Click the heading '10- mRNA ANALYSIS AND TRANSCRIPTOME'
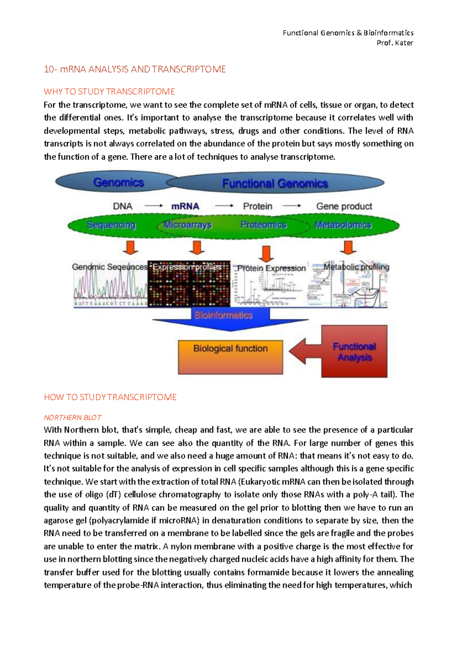tap(135, 69)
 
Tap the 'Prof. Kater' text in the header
tap(395, 43)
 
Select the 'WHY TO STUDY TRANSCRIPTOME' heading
tap(109, 92)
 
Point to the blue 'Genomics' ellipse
tap(114, 182)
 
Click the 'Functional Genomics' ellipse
tap(275, 184)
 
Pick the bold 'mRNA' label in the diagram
tap(185, 206)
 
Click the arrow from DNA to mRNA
tap(153, 206)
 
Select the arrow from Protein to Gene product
tap(292, 206)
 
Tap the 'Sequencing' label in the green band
tap(111, 225)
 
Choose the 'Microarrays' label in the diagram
tap(187, 225)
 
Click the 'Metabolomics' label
tap(343, 225)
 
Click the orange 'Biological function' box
tap(230, 357)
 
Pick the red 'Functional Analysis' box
tap(354, 352)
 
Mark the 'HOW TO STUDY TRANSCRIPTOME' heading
tap(110, 397)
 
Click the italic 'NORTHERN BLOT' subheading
tap(72, 417)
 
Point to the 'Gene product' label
tap(344, 206)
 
